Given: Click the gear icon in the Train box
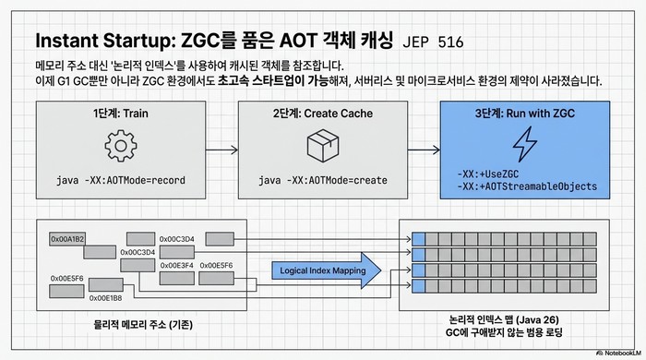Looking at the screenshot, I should (x=120, y=148).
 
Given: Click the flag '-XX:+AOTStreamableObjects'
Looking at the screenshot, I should (x=527, y=186).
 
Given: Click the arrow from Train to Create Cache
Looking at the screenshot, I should (x=221, y=148).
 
